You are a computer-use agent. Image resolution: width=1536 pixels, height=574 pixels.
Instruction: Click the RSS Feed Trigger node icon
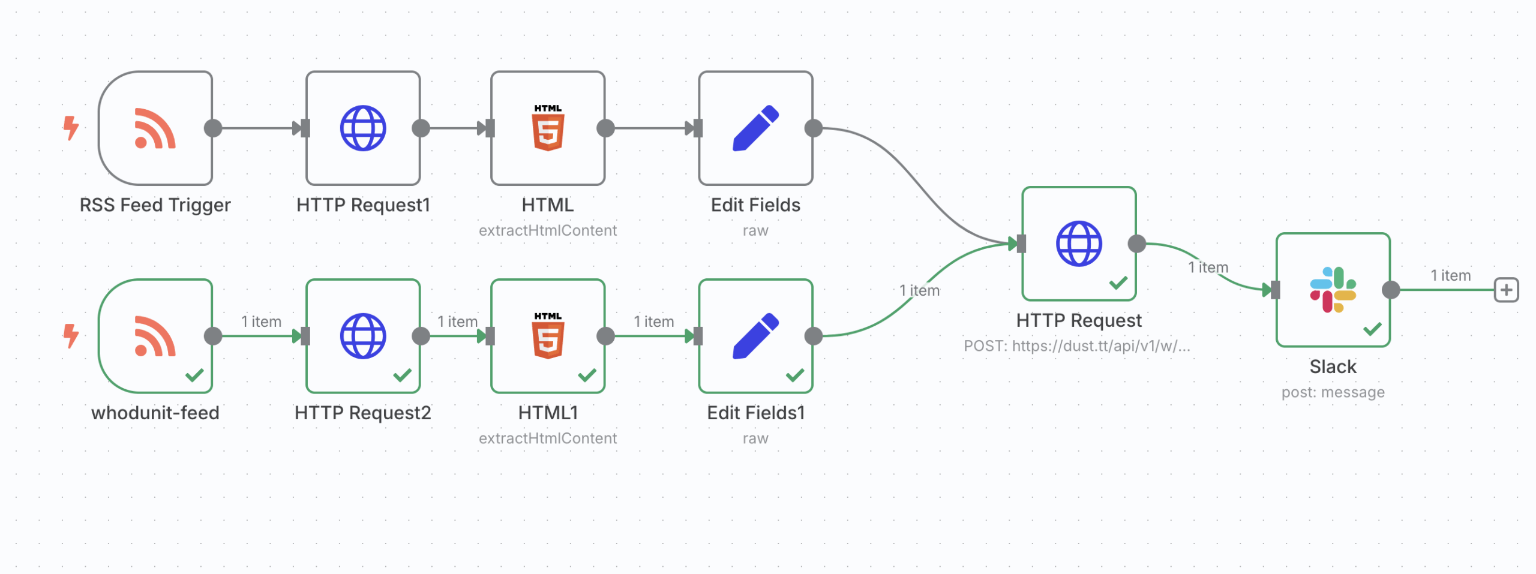pos(155,128)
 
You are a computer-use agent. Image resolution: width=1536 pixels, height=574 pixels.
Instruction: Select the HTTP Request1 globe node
pos(363,128)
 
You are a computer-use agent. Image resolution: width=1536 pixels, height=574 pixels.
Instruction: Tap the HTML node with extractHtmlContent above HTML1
pos(548,128)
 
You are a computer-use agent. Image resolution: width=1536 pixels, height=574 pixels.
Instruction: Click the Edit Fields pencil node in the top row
pos(755,128)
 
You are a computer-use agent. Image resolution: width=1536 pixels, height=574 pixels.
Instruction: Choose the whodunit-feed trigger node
pos(155,336)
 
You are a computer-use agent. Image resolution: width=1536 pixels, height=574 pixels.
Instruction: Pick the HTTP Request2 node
pos(363,336)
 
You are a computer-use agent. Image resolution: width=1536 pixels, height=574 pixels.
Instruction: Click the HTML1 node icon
pos(548,336)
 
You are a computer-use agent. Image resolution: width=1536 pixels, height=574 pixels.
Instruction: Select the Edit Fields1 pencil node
pos(755,336)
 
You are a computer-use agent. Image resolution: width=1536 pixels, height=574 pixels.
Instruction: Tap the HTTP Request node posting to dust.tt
pos(1079,244)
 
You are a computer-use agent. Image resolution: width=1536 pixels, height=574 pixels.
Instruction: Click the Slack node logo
pos(1333,290)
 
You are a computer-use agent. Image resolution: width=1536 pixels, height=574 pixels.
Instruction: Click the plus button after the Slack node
pos(1506,290)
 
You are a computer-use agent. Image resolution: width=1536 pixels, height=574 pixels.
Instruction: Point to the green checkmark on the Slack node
pos(1372,329)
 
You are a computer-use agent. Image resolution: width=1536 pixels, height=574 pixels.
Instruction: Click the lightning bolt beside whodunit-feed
pos(71,335)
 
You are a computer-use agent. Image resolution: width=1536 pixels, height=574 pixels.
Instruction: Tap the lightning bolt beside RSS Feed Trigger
pos(71,128)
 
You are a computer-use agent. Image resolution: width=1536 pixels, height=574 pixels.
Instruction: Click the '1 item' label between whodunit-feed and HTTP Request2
pos(261,321)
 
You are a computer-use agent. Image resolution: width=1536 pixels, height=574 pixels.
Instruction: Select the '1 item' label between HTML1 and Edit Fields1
pos(654,321)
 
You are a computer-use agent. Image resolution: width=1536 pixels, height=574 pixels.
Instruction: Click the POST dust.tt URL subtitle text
pos(1077,346)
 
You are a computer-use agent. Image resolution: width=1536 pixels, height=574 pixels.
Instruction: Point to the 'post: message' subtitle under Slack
pos(1333,392)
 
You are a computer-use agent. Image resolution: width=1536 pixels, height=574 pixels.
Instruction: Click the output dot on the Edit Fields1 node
pos(814,336)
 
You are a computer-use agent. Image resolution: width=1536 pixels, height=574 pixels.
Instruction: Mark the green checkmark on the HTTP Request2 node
pos(402,375)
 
